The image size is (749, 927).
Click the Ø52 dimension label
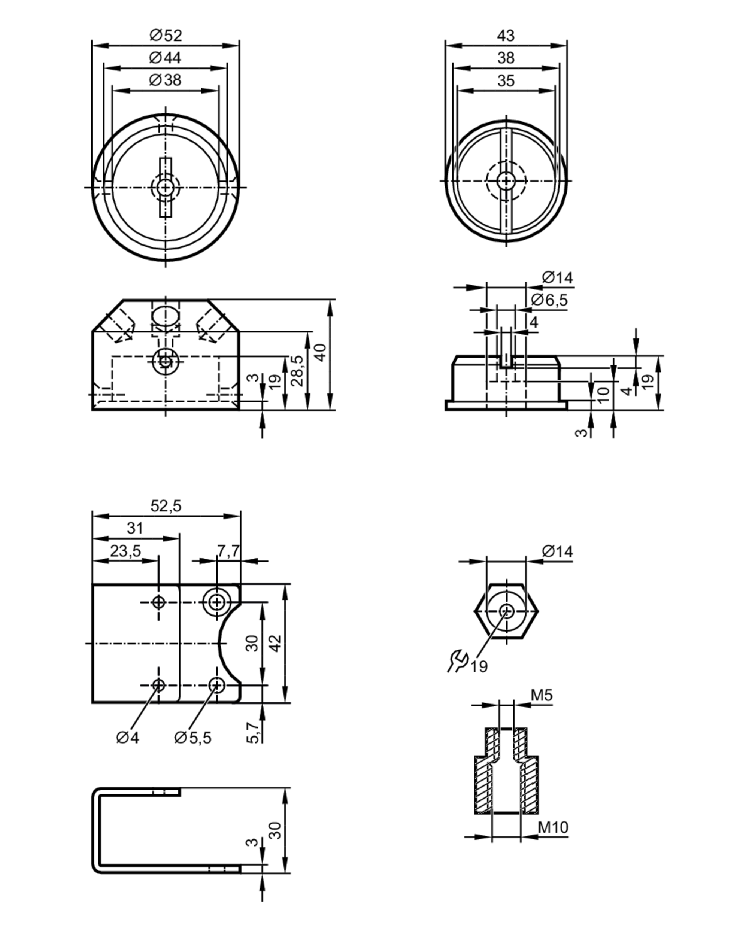click(x=166, y=35)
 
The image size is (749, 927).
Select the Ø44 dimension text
click(x=165, y=58)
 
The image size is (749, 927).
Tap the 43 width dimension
click(x=506, y=35)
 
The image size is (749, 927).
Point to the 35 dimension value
click(x=506, y=80)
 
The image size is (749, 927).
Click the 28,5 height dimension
click(x=297, y=371)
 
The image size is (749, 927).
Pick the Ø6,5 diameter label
click(x=549, y=300)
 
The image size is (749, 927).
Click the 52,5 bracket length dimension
click(x=166, y=506)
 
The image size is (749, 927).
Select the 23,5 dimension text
click(x=125, y=551)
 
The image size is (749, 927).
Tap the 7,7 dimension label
click(x=228, y=551)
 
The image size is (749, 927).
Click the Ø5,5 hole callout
click(x=193, y=738)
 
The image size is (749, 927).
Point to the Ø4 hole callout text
click(x=128, y=738)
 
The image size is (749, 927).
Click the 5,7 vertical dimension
click(x=254, y=732)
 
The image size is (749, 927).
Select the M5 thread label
click(x=542, y=695)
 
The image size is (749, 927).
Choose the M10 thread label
click(x=553, y=827)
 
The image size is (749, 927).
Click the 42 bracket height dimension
click(x=276, y=643)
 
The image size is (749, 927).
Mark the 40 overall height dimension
click(x=321, y=353)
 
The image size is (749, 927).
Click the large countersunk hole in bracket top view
click(x=216, y=602)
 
